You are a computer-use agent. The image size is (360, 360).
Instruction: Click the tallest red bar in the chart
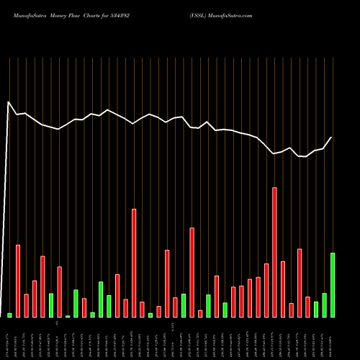274,252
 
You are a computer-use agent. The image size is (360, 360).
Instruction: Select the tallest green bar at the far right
333,285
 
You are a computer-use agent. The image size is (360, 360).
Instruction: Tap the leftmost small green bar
9,315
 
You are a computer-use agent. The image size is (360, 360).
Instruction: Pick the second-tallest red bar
134,263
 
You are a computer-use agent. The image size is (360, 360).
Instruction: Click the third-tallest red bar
192,272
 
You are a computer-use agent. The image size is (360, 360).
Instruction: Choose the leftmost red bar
18,281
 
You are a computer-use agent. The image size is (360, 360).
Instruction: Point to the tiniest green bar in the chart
68,316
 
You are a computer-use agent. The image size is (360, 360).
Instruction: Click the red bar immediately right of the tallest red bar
283,289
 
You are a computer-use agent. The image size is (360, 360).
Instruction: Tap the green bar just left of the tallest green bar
324,305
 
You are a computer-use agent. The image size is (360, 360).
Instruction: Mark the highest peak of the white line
9,102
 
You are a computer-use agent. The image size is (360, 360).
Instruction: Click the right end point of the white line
332,137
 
